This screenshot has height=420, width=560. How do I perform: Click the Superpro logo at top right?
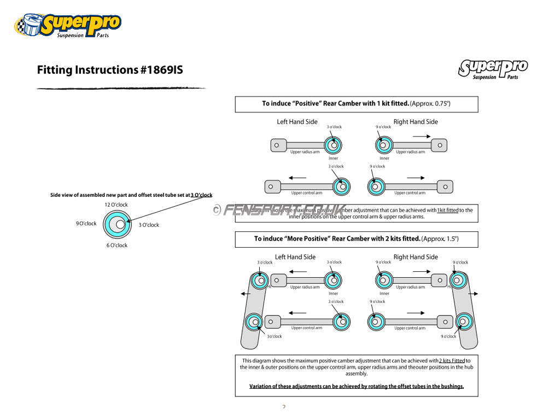[x=493, y=69]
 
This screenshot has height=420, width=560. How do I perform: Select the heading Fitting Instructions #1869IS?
[x=110, y=70]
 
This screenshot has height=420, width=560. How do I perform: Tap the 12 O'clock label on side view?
[x=116, y=205]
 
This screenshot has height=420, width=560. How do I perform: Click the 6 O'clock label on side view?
[x=117, y=246]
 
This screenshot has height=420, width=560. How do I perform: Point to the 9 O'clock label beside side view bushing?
[x=86, y=223]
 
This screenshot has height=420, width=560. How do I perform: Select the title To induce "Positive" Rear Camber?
[x=356, y=103]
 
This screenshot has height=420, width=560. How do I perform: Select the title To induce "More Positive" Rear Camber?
[x=356, y=238]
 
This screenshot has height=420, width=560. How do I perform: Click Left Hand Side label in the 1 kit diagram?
[x=297, y=122]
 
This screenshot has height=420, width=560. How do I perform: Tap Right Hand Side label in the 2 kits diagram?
[x=416, y=257]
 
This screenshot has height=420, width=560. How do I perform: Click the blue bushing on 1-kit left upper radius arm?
[x=332, y=145]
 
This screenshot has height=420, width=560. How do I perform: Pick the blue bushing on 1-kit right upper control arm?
[x=375, y=186]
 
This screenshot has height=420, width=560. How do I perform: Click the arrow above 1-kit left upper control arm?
[x=297, y=178]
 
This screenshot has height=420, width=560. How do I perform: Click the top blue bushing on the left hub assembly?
[x=260, y=281]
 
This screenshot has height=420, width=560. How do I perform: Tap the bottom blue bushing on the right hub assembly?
[x=464, y=321]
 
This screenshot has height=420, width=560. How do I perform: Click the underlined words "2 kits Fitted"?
[x=452, y=360]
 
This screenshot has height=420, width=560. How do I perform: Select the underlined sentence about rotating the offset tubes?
[x=357, y=386]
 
